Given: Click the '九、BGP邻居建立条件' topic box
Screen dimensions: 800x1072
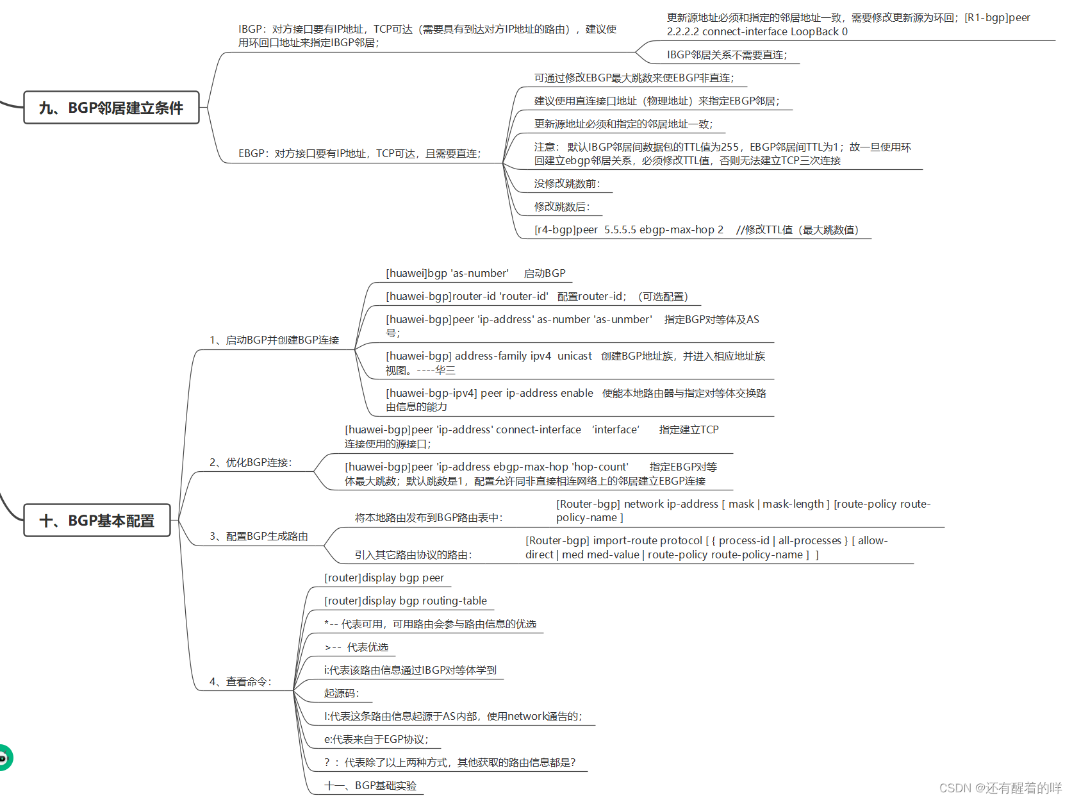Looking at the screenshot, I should click(x=111, y=108).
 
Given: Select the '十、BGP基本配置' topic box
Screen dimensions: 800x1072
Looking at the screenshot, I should click(x=97, y=521).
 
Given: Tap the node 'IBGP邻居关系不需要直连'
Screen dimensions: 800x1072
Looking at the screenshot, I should click(x=727, y=55).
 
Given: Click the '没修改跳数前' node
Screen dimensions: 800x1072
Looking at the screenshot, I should click(x=567, y=184).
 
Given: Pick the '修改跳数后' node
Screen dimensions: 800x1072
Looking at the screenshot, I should click(x=562, y=207).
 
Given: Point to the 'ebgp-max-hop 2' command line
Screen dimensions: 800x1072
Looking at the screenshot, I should click(x=696, y=230).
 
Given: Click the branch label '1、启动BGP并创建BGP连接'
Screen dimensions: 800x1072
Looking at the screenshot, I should click(x=274, y=340).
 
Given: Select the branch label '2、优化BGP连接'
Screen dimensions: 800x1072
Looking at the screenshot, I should click(x=251, y=463).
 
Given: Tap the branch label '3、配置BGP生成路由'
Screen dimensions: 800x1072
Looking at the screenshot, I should click(x=259, y=537).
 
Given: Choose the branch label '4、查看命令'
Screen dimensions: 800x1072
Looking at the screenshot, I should click(x=240, y=682).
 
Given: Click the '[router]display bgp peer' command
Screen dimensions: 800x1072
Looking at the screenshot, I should click(x=384, y=578).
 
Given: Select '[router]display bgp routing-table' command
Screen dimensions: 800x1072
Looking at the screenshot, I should click(x=406, y=601).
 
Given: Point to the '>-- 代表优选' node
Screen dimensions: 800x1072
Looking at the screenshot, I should click(x=356, y=647).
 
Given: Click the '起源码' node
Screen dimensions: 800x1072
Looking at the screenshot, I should click(x=342, y=694).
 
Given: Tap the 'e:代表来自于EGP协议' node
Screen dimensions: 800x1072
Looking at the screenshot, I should click(x=376, y=740).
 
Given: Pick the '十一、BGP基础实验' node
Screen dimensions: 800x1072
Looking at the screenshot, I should click(x=370, y=786).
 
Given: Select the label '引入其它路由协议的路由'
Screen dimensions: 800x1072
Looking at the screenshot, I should click(x=413, y=555).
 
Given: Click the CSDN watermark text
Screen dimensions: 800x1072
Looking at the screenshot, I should click(x=1000, y=788).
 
